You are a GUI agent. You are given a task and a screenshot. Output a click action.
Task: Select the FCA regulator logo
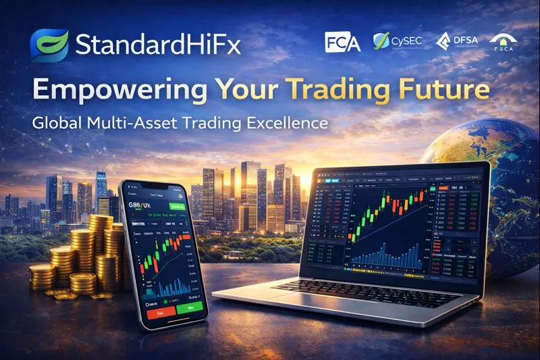tap(343, 43)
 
